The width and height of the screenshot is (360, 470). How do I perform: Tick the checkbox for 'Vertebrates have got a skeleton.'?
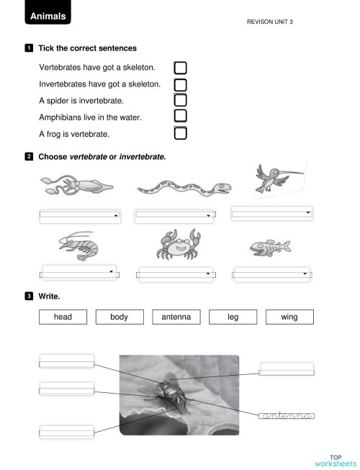[x=180, y=68]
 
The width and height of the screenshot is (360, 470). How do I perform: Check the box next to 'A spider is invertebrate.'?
[x=180, y=100]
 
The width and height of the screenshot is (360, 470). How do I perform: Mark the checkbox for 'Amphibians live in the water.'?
[x=180, y=116]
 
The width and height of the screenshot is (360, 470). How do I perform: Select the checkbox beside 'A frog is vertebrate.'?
[x=180, y=132]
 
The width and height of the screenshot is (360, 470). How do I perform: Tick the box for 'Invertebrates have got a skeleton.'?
[x=180, y=84]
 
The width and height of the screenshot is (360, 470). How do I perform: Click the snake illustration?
[x=184, y=189]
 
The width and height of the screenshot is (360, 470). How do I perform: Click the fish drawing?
[x=271, y=248]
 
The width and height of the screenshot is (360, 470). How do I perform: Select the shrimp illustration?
[x=78, y=246]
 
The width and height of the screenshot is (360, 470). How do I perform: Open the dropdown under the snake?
[x=176, y=214]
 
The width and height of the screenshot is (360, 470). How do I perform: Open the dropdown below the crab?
[x=176, y=274]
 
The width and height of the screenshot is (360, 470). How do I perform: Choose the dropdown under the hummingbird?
[x=272, y=213]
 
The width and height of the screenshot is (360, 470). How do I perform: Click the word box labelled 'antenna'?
[x=176, y=317]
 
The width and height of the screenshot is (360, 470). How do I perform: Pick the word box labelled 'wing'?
[x=289, y=317]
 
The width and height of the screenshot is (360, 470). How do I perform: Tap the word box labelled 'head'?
[x=63, y=317]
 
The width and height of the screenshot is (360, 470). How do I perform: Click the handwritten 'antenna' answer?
[x=287, y=415]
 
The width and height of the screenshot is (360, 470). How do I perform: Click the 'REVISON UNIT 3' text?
[x=269, y=22]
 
